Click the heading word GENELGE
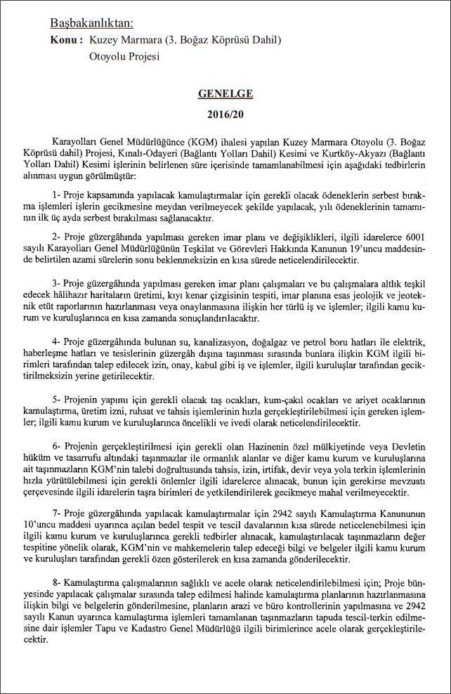[x=225, y=93]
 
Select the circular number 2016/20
[x=225, y=113]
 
